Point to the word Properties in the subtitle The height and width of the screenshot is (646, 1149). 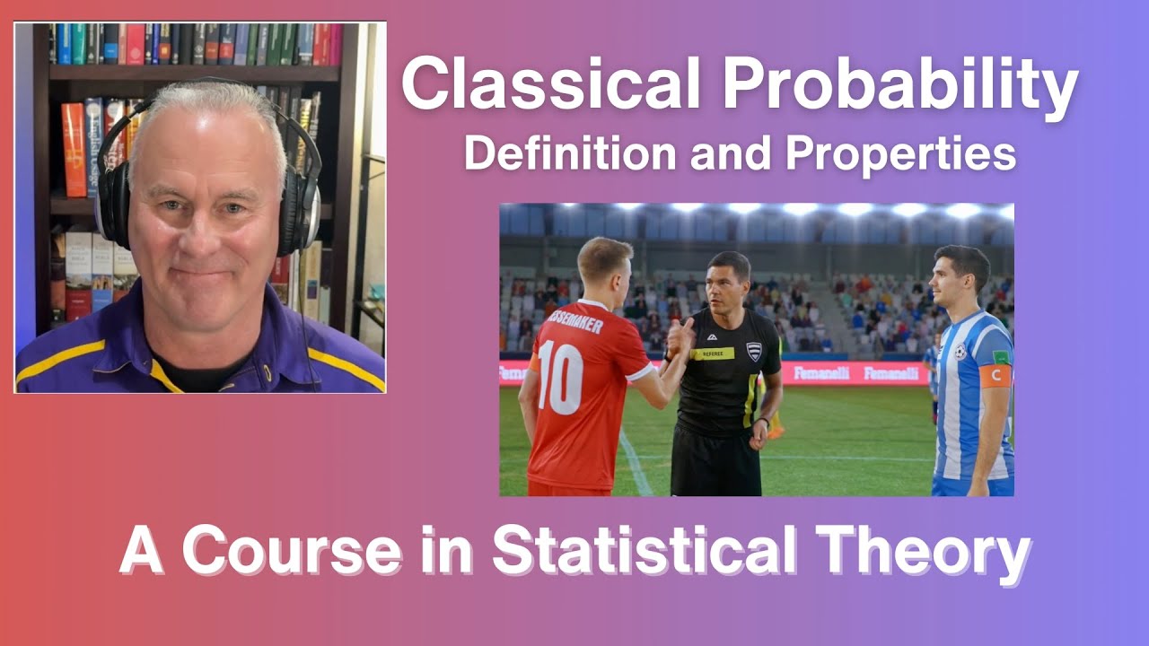click(x=900, y=155)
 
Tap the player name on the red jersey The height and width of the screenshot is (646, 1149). click(x=574, y=321)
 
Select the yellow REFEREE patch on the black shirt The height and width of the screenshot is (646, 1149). click(x=713, y=354)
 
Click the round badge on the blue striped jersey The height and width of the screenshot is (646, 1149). click(x=960, y=353)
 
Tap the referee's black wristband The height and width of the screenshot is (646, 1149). click(x=762, y=421)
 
